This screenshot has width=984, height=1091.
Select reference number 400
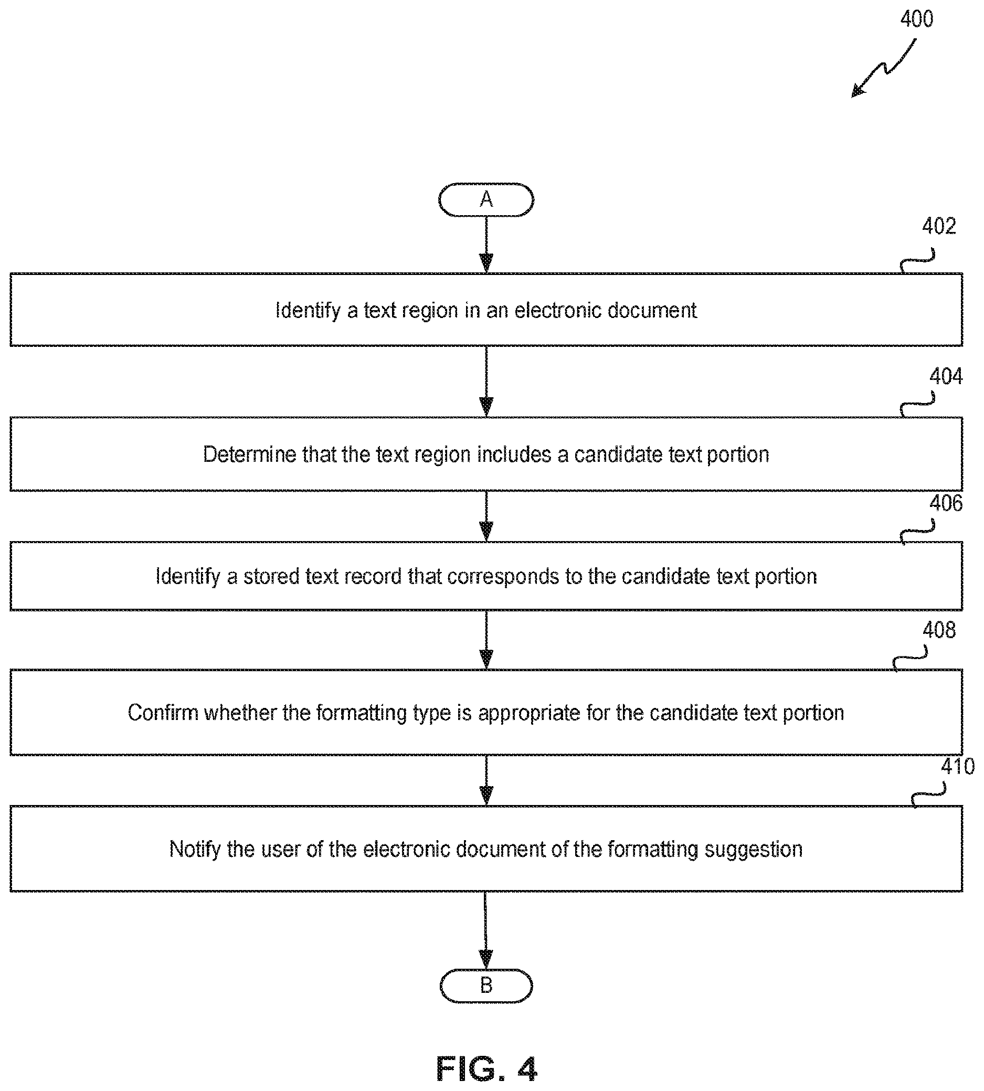[916, 19]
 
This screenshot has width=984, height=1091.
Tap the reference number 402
[938, 226]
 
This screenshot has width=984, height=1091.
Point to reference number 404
[946, 376]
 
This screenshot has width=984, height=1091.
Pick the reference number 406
[946, 503]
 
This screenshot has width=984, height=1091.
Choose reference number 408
[938, 630]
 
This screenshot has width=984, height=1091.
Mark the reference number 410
[958, 767]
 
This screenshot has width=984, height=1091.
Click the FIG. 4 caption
[486, 1069]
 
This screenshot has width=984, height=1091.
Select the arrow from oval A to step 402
[486, 245]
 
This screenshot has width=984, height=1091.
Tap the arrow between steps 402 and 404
[486, 382]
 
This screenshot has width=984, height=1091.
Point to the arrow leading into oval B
[486, 930]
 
